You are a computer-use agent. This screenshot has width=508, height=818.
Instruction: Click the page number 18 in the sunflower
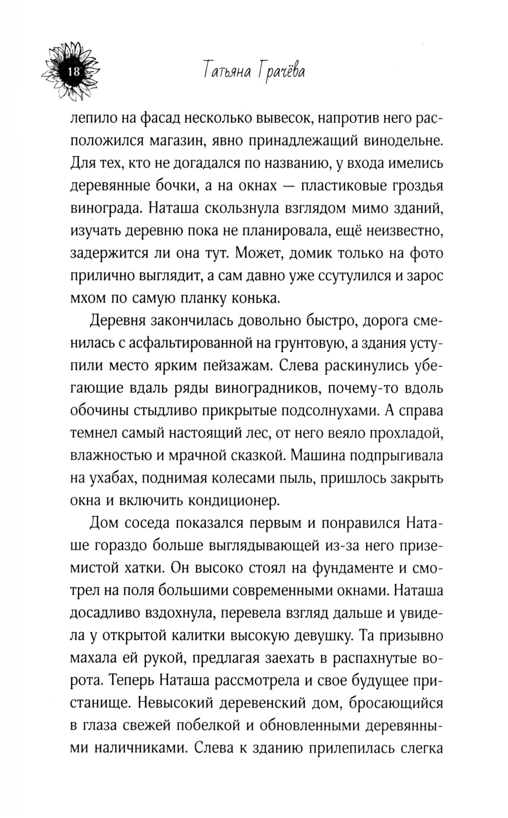point(74,72)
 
